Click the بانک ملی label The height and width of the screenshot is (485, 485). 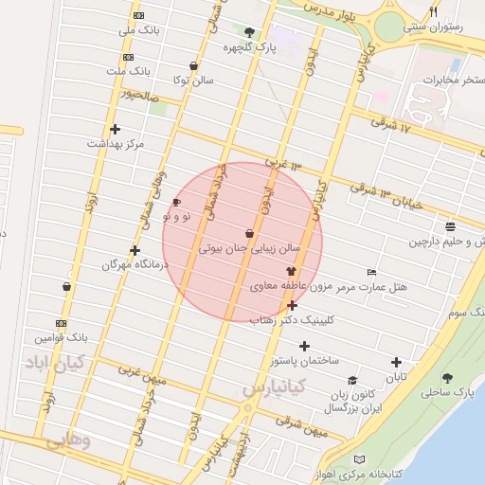(135, 31)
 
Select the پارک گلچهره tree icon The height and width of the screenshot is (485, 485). (249, 32)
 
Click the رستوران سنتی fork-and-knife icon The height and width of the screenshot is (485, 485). (434, 12)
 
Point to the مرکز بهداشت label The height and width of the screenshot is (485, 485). (115, 144)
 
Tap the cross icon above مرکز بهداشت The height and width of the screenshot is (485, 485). (115, 129)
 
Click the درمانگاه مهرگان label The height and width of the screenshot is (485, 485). (135, 265)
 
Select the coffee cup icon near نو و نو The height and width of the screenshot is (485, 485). (176, 203)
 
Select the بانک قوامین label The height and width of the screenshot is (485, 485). (61, 337)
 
